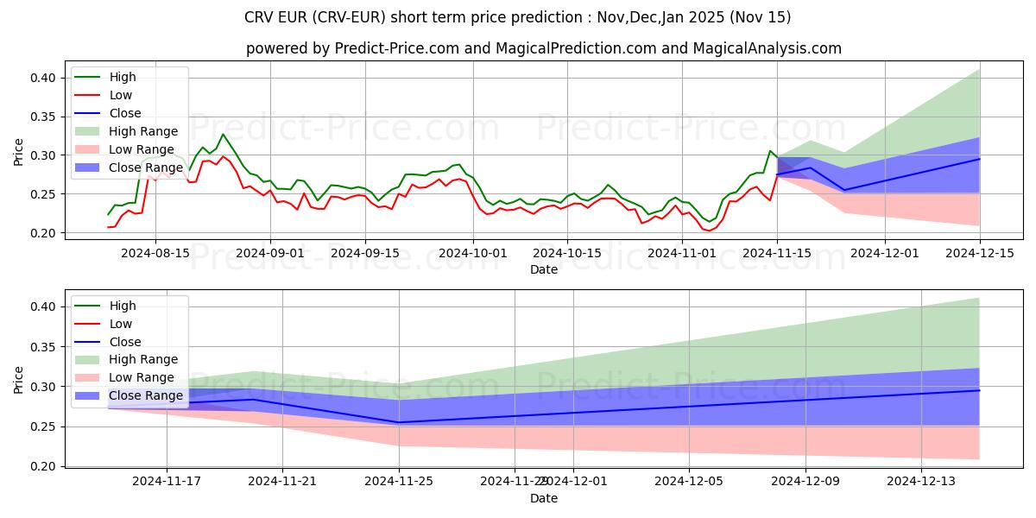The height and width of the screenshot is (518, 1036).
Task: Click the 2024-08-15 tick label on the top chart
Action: click(155, 253)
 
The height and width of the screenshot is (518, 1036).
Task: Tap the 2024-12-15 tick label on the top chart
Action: click(980, 253)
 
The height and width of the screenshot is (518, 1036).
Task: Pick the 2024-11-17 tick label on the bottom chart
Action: click(167, 482)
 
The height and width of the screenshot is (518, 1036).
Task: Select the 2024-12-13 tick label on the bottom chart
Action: click(922, 482)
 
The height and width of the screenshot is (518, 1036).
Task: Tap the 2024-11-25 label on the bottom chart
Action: click(399, 482)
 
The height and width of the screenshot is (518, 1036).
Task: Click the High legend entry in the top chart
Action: click(122, 77)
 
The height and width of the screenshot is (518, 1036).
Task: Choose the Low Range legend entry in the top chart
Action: click(143, 149)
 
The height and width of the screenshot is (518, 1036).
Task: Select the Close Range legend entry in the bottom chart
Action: click(146, 395)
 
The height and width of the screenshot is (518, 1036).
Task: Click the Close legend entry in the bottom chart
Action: click(125, 342)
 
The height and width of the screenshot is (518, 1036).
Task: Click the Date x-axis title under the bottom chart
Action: click(544, 498)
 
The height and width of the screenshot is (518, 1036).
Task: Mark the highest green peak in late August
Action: click(223, 134)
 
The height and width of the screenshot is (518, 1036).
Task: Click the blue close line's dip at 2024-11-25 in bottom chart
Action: click(399, 422)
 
